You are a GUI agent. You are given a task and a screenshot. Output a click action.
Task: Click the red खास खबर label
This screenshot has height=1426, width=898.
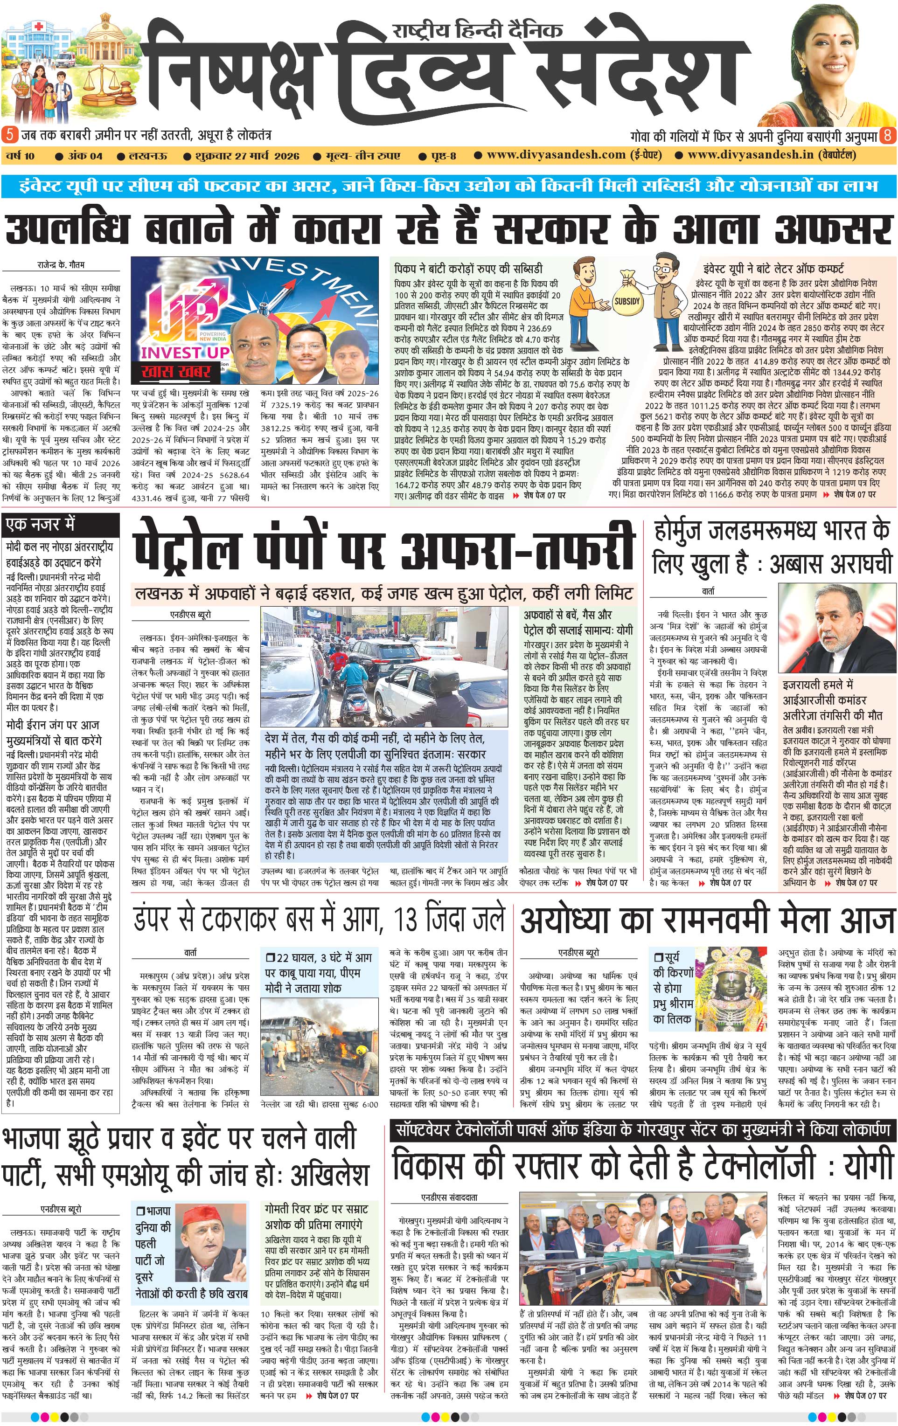click(176, 371)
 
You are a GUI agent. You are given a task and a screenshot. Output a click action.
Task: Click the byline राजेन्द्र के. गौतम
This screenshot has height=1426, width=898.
click(61, 265)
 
